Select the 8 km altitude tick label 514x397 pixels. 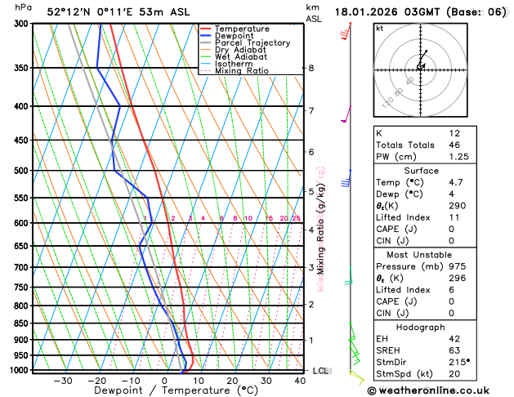click(311, 68)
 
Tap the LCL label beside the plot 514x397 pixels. click(320, 371)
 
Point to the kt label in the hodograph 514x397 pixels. click(379, 28)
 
